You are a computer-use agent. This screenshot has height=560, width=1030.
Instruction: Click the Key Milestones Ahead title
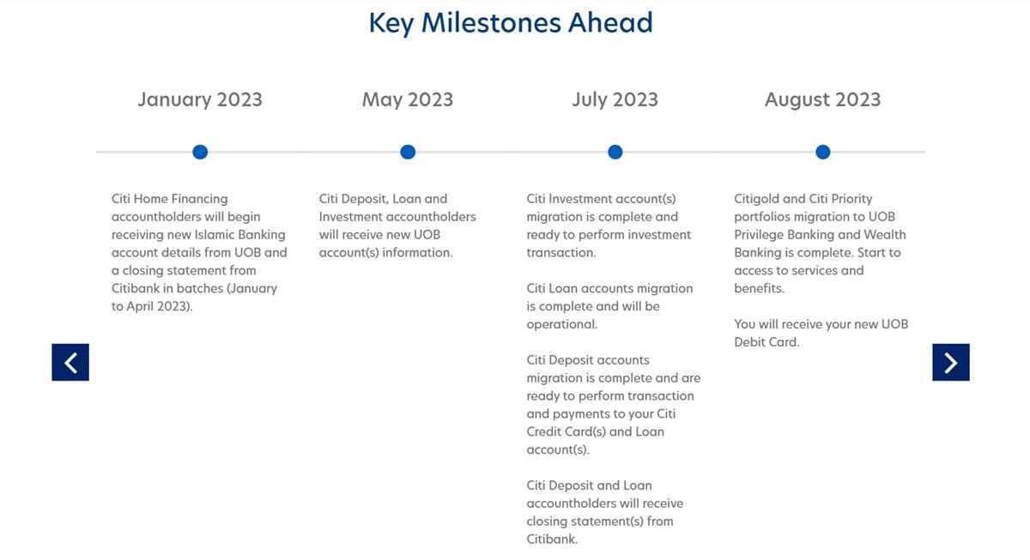point(511,22)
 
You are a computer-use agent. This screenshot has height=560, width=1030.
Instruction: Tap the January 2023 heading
point(200,99)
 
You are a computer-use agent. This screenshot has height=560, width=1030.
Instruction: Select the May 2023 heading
point(408,99)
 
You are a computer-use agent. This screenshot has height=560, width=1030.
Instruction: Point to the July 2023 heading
point(615,99)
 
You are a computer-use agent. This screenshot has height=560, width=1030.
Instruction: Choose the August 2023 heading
point(822,99)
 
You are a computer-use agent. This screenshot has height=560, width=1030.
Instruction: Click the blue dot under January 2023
point(200,152)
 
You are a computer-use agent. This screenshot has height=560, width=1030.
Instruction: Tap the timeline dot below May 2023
point(408,152)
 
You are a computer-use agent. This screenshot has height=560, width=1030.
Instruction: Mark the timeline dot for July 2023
point(615,152)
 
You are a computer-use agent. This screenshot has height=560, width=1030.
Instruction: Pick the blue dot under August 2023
point(823,152)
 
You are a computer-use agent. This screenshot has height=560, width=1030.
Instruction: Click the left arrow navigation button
point(70,362)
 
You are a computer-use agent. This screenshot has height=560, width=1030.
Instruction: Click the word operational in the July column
point(561,324)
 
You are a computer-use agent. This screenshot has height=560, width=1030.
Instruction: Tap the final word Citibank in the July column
point(552,539)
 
